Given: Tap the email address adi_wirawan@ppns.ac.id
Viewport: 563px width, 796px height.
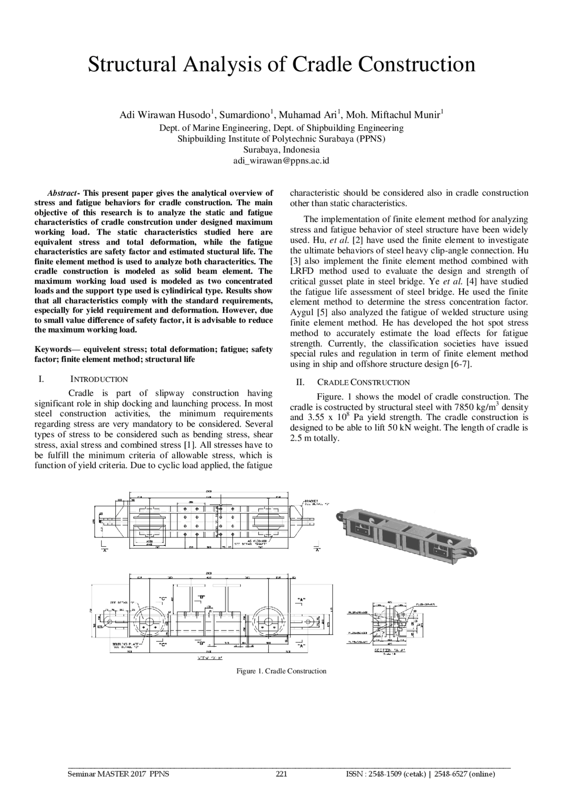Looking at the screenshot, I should pyautogui.click(x=281, y=161).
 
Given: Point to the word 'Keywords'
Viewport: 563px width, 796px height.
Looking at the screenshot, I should pyautogui.click(x=53, y=350).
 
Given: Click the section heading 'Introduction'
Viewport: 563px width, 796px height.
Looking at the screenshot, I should pyautogui.click(x=99, y=380).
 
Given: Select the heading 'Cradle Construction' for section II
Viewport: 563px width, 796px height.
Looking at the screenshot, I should pyautogui.click(x=363, y=383).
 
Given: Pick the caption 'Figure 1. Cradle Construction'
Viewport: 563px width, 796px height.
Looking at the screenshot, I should pyautogui.click(x=281, y=671).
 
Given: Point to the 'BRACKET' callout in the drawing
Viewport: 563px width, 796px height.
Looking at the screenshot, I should pyautogui.click(x=311, y=501).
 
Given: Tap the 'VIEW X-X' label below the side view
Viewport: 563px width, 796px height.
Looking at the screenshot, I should pyautogui.click(x=209, y=658).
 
